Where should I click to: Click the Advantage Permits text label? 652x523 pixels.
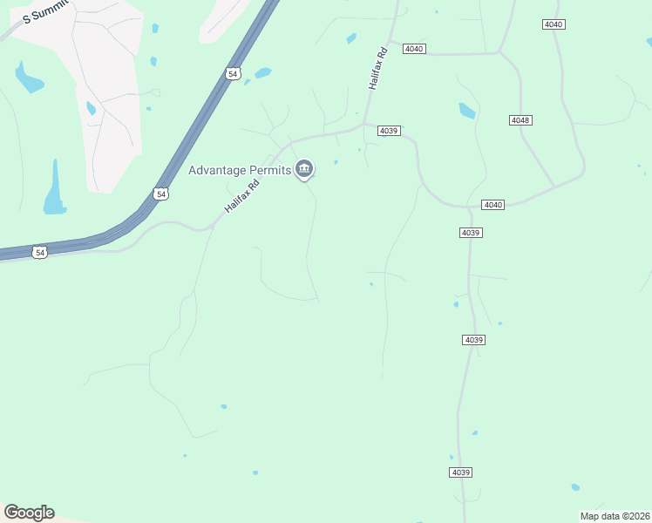click(x=240, y=170)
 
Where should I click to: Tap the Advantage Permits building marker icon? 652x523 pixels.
click(x=304, y=169)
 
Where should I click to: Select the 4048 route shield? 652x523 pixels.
click(x=521, y=119)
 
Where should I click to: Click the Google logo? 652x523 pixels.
click(x=29, y=513)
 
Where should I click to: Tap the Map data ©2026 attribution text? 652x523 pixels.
click(x=615, y=516)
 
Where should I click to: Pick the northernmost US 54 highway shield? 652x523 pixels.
click(x=231, y=74)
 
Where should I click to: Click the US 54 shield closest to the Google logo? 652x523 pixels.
click(x=39, y=252)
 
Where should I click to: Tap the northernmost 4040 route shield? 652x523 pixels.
click(x=553, y=24)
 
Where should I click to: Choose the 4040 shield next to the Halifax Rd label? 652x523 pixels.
click(x=414, y=49)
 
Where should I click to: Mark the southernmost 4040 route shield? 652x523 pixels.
click(x=493, y=205)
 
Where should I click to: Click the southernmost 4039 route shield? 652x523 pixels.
click(x=461, y=472)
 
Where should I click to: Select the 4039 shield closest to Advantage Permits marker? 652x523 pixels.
click(x=389, y=131)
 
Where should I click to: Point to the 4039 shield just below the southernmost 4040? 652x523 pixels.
click(x=471, y=233)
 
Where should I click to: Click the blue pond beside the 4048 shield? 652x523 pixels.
click(x=467, y=111)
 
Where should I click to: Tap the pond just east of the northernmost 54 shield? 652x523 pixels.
click(x=261, y=73)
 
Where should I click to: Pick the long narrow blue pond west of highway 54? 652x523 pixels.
click(x=55, y=189)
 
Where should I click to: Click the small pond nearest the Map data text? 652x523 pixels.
click(x=575, y=487)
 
